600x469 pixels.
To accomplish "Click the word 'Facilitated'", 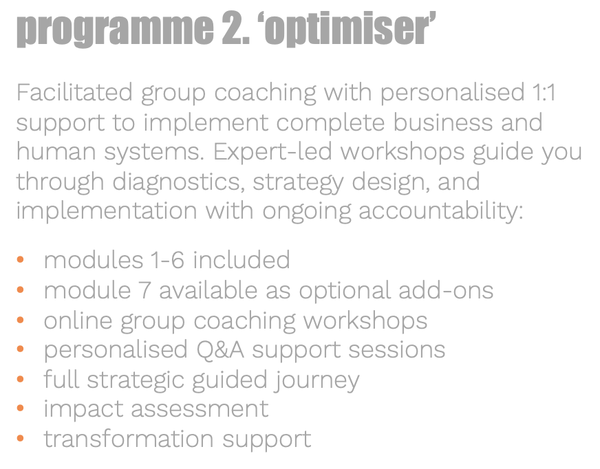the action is [74, 92].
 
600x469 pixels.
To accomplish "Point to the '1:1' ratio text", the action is [544, 92].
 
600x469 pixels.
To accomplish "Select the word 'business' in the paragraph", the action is [442, 122].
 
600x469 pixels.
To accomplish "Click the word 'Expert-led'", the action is [272, 152].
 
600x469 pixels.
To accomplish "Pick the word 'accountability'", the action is [440, 211].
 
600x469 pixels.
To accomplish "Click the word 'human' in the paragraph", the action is [56, 152].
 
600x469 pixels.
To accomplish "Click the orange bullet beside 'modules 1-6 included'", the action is [20, 260].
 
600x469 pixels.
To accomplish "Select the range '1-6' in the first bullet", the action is [168, 260].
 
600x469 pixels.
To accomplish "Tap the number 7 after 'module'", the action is [144, 290].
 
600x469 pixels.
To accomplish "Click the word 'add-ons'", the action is [446, 290].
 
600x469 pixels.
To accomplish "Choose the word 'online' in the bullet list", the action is [78, 320].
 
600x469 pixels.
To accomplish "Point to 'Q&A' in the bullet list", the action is [220, 349].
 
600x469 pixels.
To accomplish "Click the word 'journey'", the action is [317, 380].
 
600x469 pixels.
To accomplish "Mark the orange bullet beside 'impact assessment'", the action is [20, 408].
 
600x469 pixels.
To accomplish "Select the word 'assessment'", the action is [200, 409].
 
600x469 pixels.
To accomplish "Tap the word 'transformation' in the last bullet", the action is [129, 438].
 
